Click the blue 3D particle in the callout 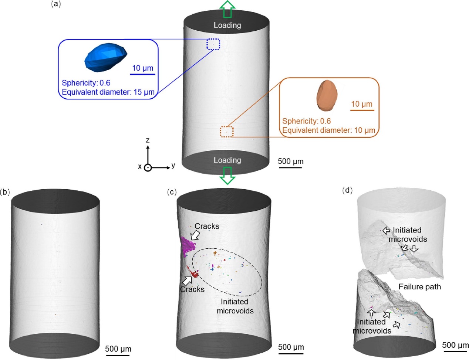pos(105,58)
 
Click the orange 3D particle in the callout pos(327,95)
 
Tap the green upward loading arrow pos(227,9)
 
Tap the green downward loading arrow pos(227,175)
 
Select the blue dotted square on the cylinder pos(213,44)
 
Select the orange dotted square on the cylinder pos(227,132)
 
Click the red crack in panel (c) pos(193,273)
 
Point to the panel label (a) pos(55,4)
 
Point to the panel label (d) pos(347,190)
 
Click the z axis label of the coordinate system pos(148,140)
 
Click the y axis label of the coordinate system pos(173,165)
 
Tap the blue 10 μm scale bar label pos(142,68)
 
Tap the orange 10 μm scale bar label pos(362,104)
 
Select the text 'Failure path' pos(419,287)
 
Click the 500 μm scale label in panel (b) pos(118,349)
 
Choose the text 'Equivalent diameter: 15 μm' pos(108,92)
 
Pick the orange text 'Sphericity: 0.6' pos(306,121)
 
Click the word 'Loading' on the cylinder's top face pos(227,25)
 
